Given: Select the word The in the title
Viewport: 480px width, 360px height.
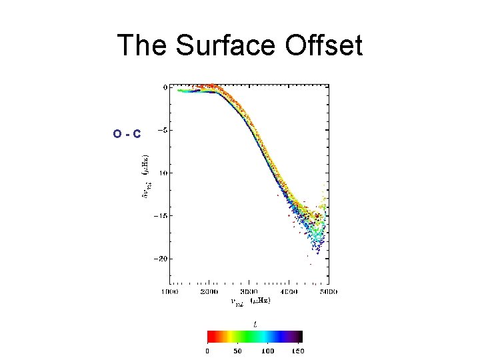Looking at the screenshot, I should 141,46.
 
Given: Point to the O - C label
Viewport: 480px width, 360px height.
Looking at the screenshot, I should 127,134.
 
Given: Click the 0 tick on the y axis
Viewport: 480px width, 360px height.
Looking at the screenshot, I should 165,87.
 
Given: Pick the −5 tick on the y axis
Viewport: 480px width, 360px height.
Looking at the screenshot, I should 162,130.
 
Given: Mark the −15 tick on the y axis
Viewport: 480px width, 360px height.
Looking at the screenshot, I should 160,215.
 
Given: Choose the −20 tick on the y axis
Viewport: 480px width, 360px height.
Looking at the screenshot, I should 160,258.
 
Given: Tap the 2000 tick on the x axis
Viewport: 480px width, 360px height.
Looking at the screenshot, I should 209,292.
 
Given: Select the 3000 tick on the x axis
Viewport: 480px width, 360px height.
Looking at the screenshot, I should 249,292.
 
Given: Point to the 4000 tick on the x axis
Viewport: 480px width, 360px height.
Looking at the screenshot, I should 289,292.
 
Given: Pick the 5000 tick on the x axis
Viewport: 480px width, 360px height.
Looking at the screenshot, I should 328,292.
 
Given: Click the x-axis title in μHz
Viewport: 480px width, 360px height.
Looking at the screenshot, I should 250,301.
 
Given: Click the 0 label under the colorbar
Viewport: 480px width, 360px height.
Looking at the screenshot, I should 207,350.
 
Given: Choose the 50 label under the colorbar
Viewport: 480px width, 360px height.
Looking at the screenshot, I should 237,350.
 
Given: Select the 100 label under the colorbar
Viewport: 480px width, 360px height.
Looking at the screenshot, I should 268,350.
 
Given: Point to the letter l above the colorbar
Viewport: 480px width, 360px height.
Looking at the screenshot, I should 254,323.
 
